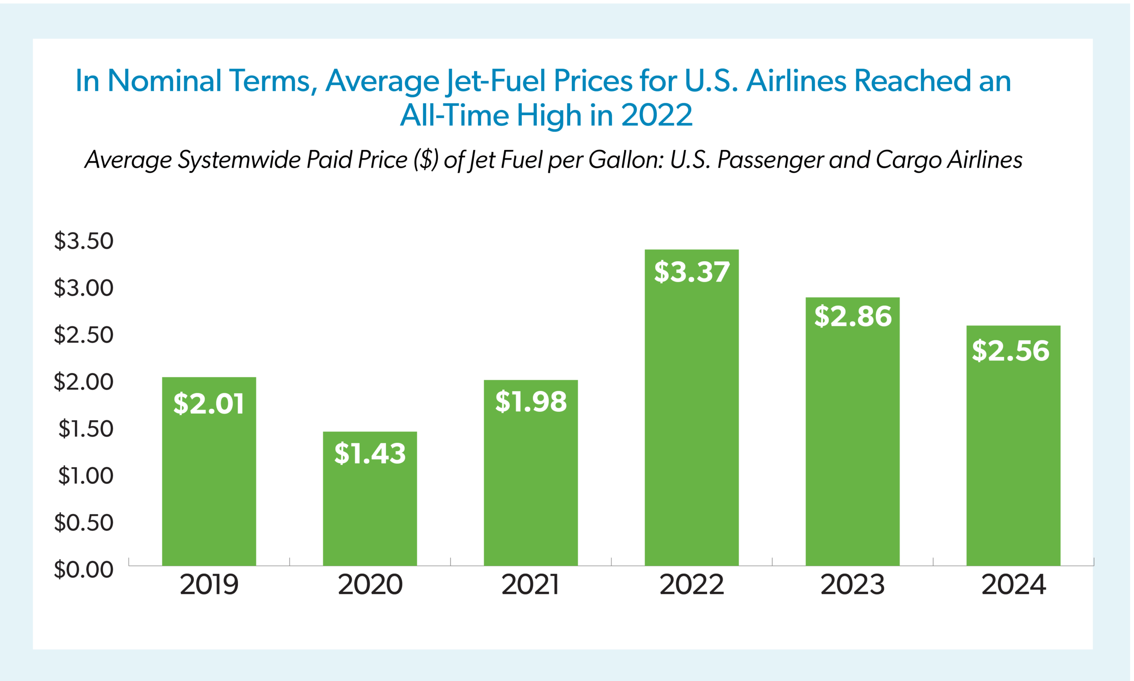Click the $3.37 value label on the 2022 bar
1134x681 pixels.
pos(691,272)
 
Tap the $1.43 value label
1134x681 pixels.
pos(370,454)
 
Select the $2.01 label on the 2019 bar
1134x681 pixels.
pos(209,404)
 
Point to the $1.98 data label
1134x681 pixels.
pos(531,402)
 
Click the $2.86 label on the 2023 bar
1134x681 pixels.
pos(853,316)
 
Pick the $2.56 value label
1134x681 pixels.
pos(1010,351)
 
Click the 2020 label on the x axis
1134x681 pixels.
pos(370,585)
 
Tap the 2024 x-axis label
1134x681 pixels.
pos(1014,585)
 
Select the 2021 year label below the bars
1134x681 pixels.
pos(530,585)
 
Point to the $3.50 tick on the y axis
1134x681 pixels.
pos(83,241)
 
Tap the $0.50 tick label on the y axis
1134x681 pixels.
pos(83,523)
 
